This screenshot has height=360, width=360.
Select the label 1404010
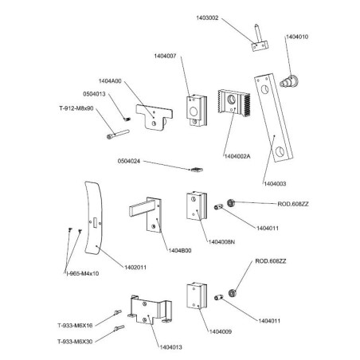click(x=297, y=37)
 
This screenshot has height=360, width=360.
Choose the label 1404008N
click(x=221, y=241)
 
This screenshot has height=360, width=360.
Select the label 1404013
click(x=170, y=347)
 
